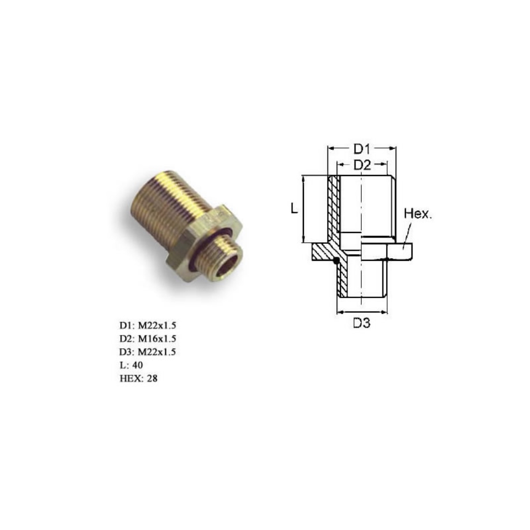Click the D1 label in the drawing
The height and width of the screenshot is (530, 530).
tap(362, 149)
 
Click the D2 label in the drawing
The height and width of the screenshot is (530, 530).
tap(362, 165)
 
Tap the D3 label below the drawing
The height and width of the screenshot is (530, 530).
tap(362, 323)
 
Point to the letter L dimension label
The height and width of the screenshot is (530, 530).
tap(294, 209)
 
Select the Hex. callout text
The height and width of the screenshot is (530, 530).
tap(418, 214)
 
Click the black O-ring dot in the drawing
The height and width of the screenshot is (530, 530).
tap(336, 261)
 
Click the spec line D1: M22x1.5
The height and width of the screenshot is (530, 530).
tap(148, 326)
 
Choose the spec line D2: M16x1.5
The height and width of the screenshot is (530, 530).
tap(148, 338)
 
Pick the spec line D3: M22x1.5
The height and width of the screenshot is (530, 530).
tap(148, 352)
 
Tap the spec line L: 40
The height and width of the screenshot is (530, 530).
tap(131, 365)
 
